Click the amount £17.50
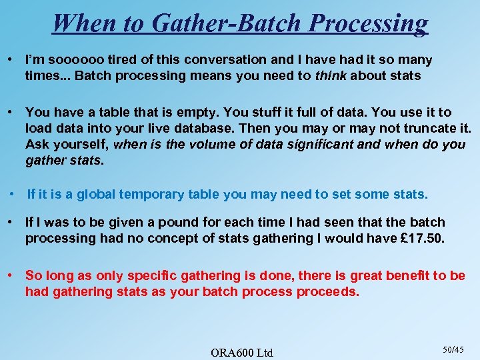pos(421,238)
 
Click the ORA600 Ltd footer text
pos(241,352)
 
